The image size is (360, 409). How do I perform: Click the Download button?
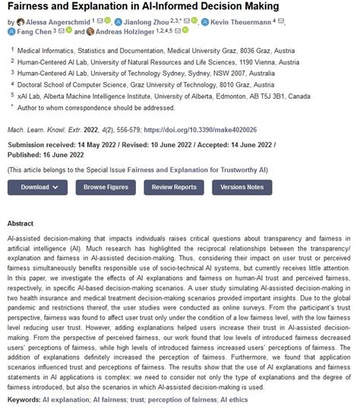38,187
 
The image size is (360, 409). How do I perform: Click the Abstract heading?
20,224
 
